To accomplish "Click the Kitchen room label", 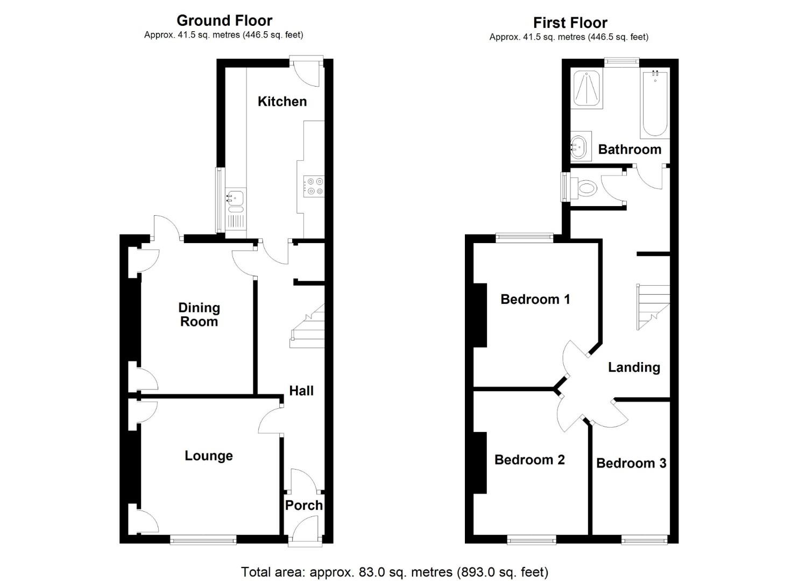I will pos(282,101).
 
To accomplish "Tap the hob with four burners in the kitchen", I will pos(314,186).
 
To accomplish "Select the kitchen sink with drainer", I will pos(235,208).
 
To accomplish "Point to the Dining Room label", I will pos(199,315).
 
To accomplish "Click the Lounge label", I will pos(209,456).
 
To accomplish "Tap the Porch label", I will pos(303,505).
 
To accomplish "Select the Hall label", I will pos(301,391).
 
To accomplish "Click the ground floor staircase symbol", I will pos(308,325).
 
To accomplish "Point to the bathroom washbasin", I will pos(579,146).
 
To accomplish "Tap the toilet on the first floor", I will pos(585,189).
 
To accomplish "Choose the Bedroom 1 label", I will pos(535,299).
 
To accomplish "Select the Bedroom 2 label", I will pos(529,459).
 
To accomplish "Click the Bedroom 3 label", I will pos(631,463).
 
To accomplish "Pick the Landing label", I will pos(634,367).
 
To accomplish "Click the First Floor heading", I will pos(570,23).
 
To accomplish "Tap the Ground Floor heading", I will pos(224,20).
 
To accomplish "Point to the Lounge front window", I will pos(203,539).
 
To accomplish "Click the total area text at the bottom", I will pos(394,571).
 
